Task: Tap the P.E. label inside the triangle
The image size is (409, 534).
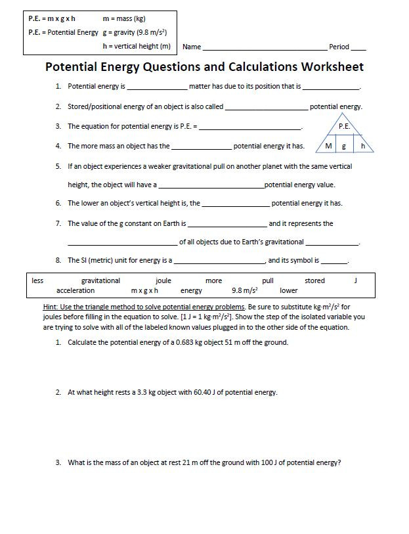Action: pos(345,126)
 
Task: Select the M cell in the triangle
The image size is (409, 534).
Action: pos(329,146)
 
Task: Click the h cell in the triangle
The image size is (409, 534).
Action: pos(362,146)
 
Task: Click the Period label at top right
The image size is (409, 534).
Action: pos(339,47)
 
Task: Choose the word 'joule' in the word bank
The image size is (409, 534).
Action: pos(163,280)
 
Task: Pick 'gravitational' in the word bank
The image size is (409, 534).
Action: pos(100,280)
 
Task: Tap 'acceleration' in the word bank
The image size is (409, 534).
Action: pos(75,290)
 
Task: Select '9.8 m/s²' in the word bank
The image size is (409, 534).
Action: pos(245,290)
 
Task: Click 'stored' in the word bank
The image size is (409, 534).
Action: pos(314,280)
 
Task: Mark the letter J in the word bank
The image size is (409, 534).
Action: pos(355,280)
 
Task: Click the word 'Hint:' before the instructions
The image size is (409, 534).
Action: pos(51,307)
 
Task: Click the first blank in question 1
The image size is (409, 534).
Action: pos(157,87)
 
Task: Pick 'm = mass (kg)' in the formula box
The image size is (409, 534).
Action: pos(124,18)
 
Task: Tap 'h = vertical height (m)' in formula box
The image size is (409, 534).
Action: pos(137,46)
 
